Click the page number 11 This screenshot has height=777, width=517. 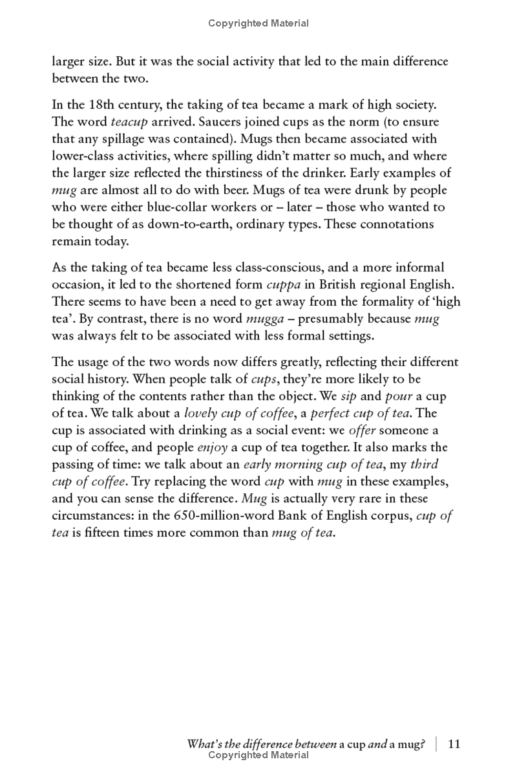pyautogui.click(x=454, y=744)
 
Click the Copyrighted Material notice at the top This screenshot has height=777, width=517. pyautogui.click(x=258, y=23)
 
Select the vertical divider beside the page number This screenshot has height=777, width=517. pyautogui.click(x=436, y=744)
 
